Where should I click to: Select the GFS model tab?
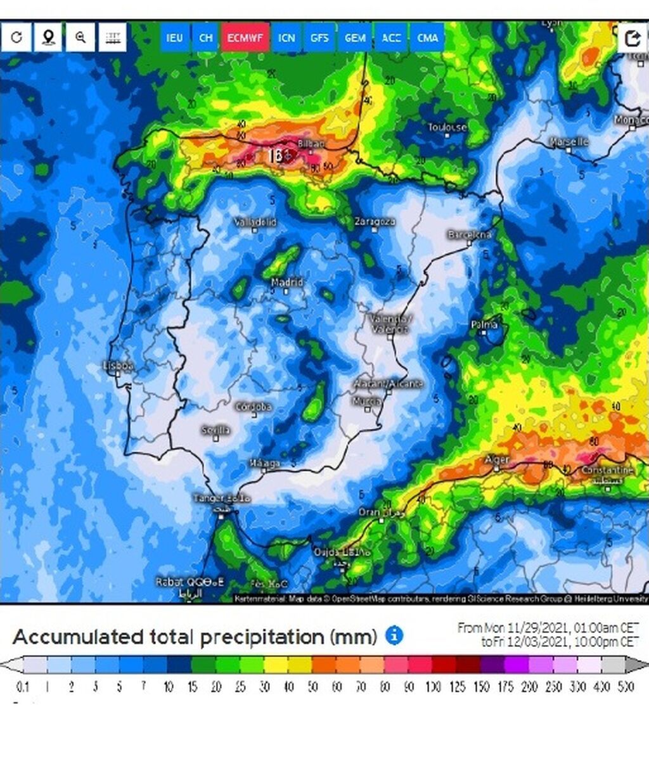319,38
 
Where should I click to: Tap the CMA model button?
428,38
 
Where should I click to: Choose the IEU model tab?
174,38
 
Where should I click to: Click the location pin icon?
48,37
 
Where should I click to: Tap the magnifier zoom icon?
80,37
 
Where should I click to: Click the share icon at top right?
633,39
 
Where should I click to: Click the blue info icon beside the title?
394,635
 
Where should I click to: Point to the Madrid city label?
287,282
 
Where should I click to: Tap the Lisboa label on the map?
119,366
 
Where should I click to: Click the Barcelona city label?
470,234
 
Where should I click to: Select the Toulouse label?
447,127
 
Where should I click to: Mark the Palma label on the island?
484,325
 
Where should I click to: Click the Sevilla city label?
215,431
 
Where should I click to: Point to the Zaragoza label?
375,222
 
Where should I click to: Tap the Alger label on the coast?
497,459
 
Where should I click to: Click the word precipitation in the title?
288,637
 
